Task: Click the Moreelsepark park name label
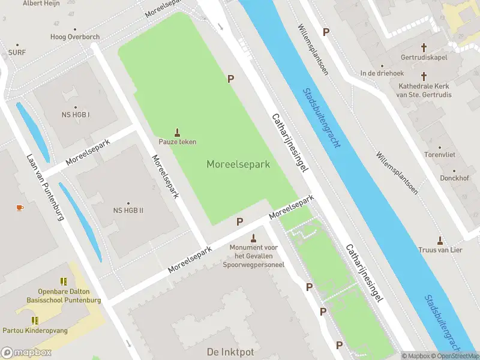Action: pos(238,164)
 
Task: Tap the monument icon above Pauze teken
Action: pos(177,132)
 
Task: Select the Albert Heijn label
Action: pos(41,4)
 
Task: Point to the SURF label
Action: pos(17,52)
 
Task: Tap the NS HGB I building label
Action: pos(76,115)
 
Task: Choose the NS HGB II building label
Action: pos(128,211)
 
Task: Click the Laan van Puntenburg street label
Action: pos(46,187)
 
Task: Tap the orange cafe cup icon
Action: pos(20,208)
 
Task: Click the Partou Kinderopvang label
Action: pos(35,331)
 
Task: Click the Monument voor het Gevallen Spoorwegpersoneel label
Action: pos(253,256)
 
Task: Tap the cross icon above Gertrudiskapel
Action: pos(424,47)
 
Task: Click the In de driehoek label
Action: pos(381,73)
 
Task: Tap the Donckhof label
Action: pos(437,178)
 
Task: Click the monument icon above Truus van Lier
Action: pos(440,240)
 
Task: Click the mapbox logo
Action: pos(26,353)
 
